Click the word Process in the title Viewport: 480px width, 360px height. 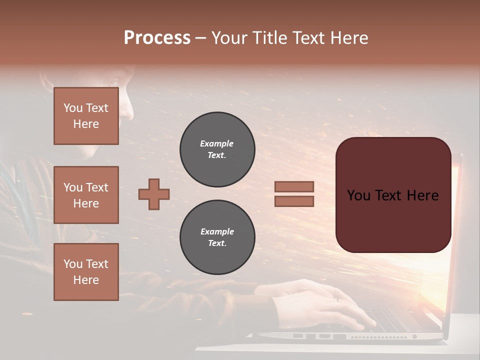click(157, 38)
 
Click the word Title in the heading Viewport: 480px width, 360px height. click(269, 38)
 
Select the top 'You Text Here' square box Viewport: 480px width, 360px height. click(86, 116)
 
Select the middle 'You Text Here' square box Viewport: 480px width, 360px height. click(86, 195)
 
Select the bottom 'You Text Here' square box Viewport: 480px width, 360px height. click(86, 272)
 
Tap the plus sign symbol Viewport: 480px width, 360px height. click(154, 194)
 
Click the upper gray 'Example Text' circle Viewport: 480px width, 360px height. click(217, 149)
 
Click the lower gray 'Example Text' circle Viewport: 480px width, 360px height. click(217, 237)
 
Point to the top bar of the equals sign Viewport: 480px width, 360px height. click(294, 186)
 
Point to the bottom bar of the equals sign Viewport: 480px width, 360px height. click(294, 201)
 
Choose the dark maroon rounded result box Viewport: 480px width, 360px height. click(393, 220)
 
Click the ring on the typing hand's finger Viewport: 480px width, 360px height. click(336, 299)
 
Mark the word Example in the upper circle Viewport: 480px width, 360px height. click(217, 143)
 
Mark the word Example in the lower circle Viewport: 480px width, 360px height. click(217, 231)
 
